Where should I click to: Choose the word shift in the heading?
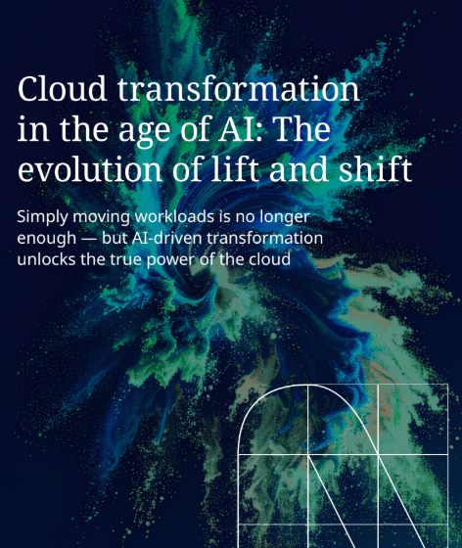pos(377,169)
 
